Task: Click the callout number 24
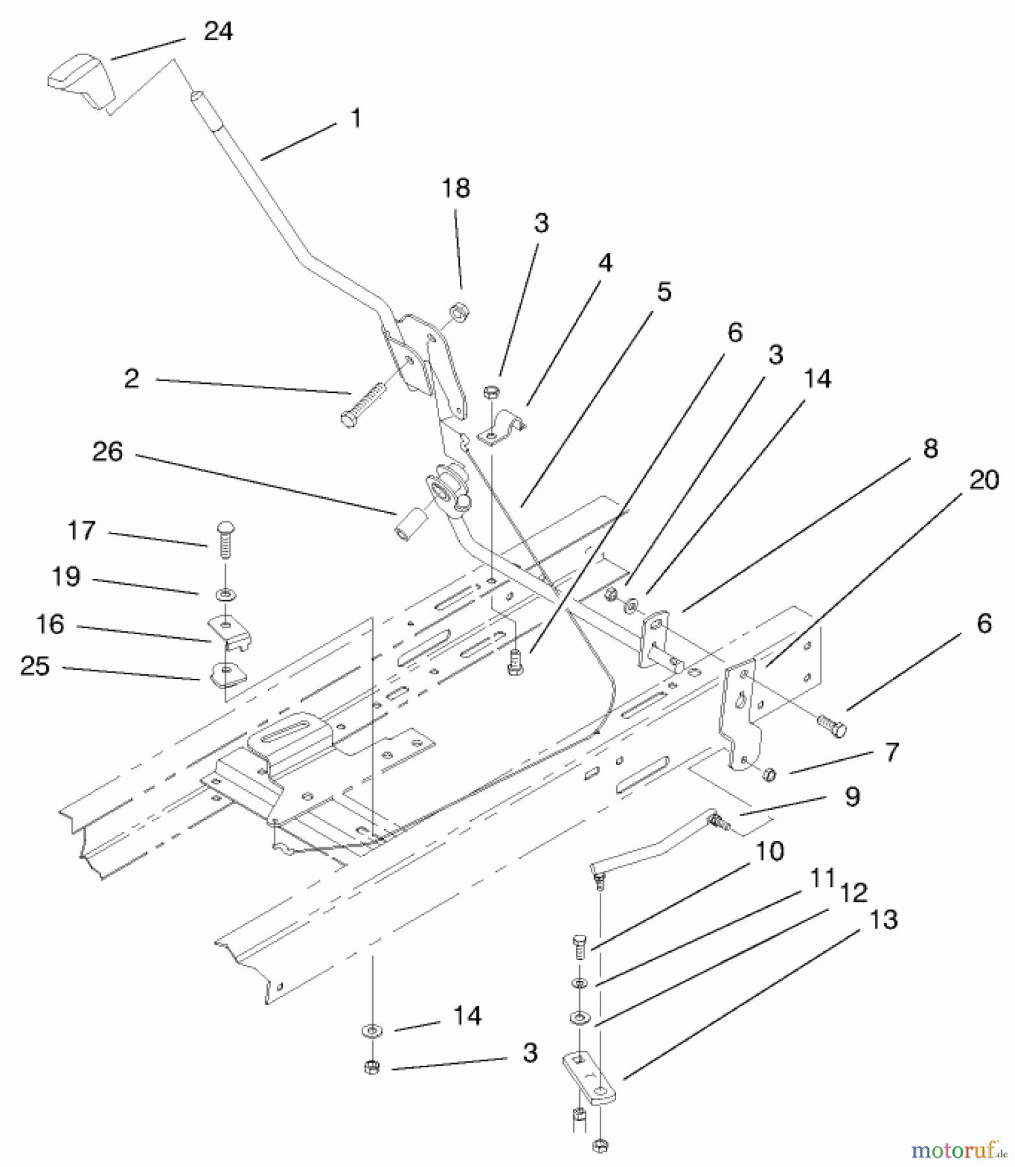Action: click(218, 31)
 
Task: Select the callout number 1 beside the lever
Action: click(355, 119)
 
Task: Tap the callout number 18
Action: click(455, 189)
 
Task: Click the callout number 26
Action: click(108, 451)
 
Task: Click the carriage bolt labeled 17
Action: click(225, 539)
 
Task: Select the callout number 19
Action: click(66, 576)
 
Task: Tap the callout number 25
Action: click(35, 666)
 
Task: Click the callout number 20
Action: click(983, 480)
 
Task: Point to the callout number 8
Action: click(930, 448)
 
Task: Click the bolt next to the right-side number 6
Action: click(832, 726)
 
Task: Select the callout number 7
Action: click(892, 752)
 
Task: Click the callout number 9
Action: click(852, 796)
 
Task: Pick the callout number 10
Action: click(770, 851)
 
